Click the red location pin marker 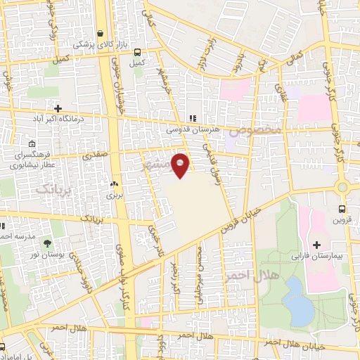pyautogui.click(x=181, y=165)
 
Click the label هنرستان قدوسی pyautogui.click(x=193, y=130)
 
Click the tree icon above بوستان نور pyautogui.click(x=48, y=243)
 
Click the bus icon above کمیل pyautogui.click(x=136, y=51)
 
